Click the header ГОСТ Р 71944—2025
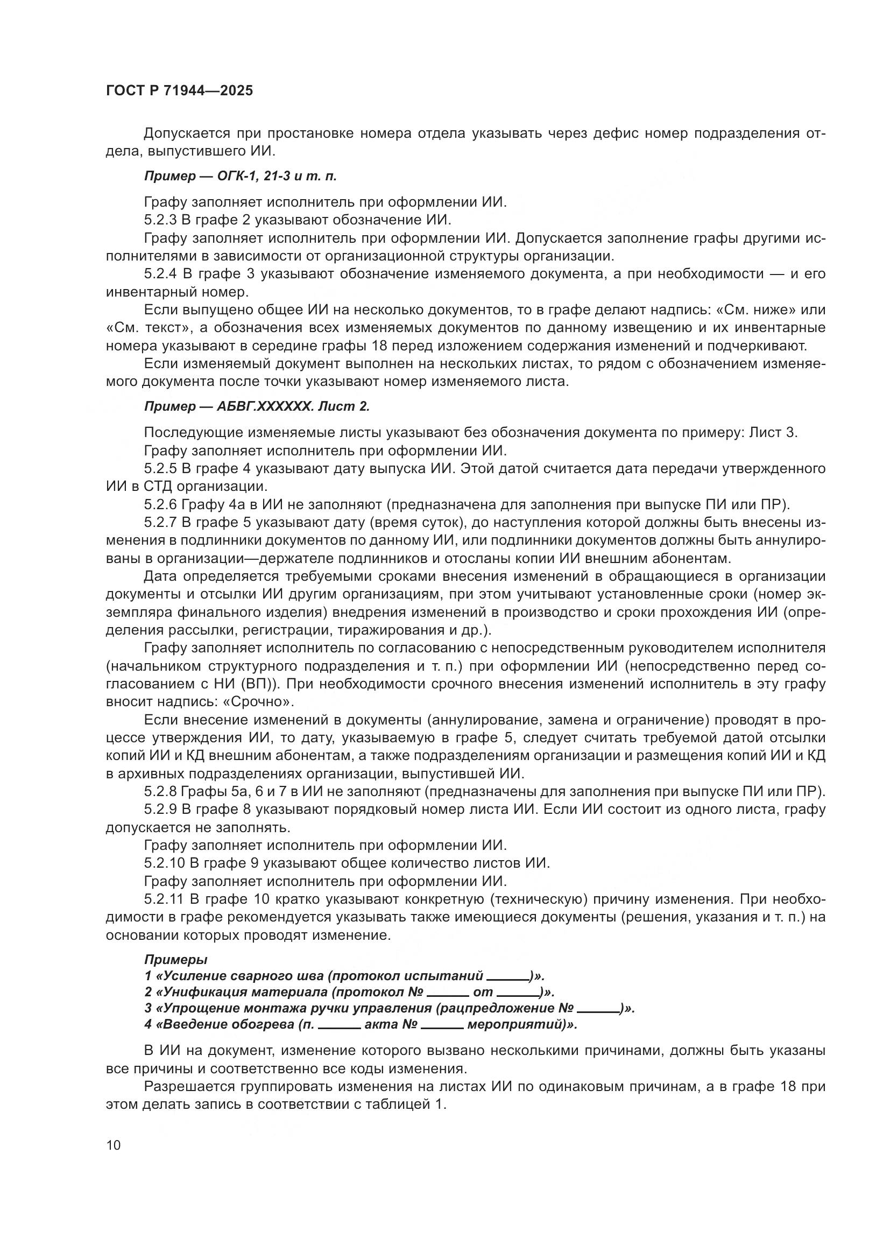(179, 91)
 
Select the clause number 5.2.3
(160, 221)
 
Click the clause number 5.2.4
(160, 274)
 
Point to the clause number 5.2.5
(160, 469)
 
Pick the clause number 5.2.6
(160, 504)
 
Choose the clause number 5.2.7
(160, 523)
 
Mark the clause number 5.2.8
(160, 792)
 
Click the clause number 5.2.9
(160, 810)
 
